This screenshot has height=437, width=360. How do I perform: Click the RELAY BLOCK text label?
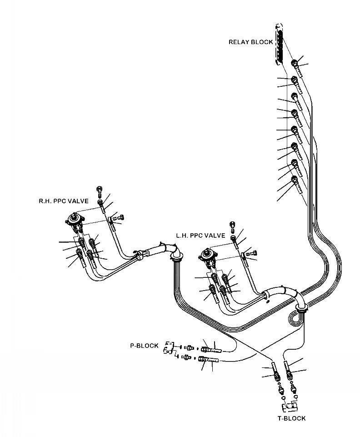click(x=250, y=42)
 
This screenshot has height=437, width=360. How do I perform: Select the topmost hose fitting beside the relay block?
click(x=297, y=63)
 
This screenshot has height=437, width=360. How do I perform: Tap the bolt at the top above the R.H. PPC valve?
click(x=100, y=189)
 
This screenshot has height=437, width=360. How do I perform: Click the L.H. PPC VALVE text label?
click(x=200, y=236)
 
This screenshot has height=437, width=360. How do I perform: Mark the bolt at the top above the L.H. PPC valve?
click(x=233, y=224)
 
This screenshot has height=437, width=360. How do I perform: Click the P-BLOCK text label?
click(x=144, y=346)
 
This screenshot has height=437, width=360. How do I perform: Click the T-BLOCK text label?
click(x=292, y=418)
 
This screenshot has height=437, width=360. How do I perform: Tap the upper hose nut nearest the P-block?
click(x=190, y=348)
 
